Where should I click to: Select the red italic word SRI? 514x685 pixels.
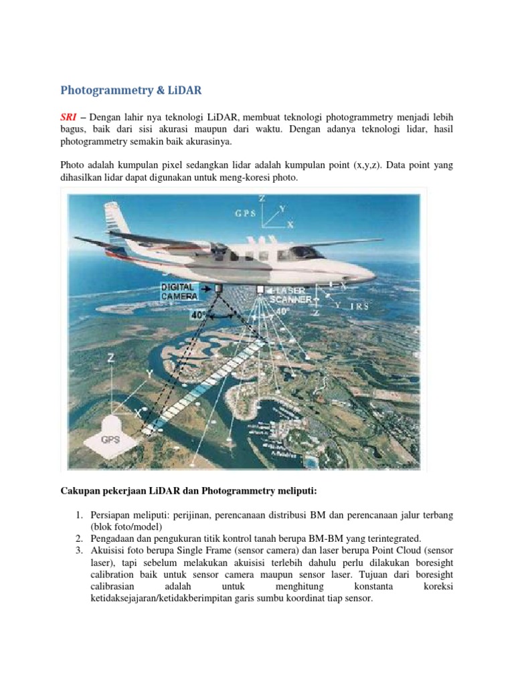coord(69,117)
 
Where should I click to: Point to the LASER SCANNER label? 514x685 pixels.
coord(290,295)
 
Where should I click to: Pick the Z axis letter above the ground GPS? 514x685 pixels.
coord(110,359)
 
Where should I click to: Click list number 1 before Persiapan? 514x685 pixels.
coord(78,515)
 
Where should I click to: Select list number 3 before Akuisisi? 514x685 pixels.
coord(78,551)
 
